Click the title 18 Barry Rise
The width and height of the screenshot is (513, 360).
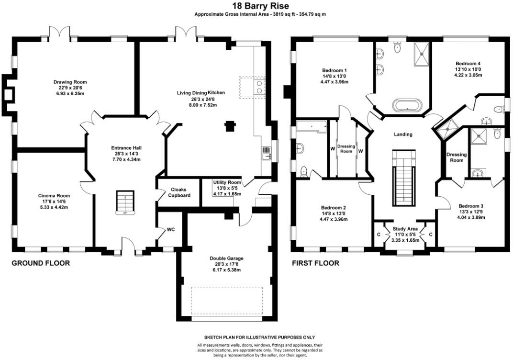260,6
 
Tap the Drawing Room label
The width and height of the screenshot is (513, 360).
70,82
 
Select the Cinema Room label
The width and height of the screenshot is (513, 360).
54,196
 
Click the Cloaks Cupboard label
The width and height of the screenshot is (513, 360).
179,192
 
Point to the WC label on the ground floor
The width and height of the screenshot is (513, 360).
171,229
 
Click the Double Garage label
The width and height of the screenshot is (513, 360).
226,258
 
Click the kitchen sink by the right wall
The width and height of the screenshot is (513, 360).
267,153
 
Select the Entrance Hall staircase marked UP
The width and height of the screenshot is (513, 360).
125,202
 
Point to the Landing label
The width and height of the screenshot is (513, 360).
403,134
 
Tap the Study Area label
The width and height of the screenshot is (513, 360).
405,229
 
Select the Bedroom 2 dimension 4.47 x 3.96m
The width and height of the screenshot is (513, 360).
334,219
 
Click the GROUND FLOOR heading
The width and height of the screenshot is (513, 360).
41,263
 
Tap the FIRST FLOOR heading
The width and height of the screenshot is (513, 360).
315,263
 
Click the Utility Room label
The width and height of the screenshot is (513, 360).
227,182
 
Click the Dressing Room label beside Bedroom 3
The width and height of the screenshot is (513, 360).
457,157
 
